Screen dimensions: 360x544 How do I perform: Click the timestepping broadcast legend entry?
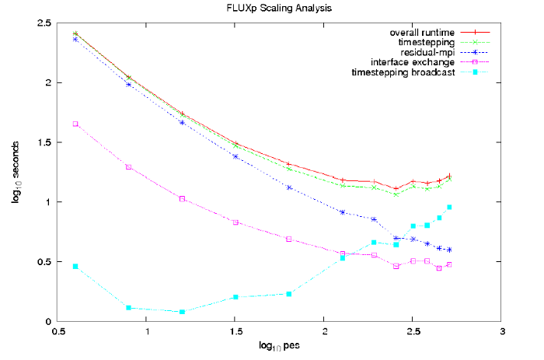pyautogui.click(x=403, y=73)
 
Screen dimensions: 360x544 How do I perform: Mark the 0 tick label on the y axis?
pyautogui.click(x=47, y=321)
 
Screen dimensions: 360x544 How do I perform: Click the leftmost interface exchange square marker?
pyautogui.click(x=75, y=124)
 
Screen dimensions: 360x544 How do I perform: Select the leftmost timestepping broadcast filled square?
pyautogui.click(x=75, y=266)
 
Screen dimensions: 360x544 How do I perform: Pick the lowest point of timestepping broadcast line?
pyautogui.click(x=182, y=312)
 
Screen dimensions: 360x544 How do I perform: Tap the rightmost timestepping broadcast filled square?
pyautogui.click(x=449, y=207)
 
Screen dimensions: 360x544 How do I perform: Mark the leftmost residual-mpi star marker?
pyautogui.click(x=75, y=39)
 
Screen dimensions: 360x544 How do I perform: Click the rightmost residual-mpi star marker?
pyautogui.click(x=449, y=250)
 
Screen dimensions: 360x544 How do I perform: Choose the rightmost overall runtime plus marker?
pyautogui.click(x=449, y=176)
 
